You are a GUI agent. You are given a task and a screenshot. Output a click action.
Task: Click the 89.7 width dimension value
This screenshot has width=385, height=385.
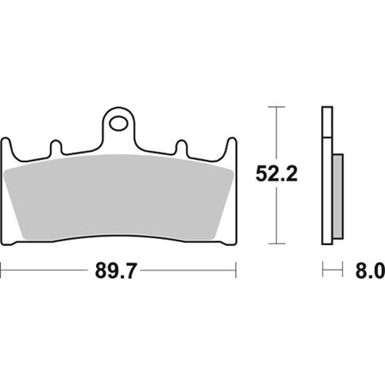coord(115,270)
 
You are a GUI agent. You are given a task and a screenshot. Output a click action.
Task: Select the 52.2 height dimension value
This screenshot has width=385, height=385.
coord(276,174)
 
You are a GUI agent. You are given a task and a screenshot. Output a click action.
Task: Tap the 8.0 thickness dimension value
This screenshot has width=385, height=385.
coord(370,270)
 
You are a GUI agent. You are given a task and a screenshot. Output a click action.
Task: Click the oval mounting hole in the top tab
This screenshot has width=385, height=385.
coord(119,124)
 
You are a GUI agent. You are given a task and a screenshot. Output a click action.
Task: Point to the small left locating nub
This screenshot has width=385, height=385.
coord(55,147)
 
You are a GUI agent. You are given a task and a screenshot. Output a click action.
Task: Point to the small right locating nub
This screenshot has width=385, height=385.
coord(182,147)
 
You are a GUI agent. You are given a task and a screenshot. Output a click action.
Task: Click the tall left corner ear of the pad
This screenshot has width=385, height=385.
coord(6,148)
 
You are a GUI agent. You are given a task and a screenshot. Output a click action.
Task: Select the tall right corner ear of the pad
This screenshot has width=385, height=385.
coord(231,148)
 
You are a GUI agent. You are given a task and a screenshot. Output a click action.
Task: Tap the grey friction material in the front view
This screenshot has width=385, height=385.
coord(119,198)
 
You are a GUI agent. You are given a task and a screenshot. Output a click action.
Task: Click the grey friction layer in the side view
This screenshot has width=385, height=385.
coord(338,196)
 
